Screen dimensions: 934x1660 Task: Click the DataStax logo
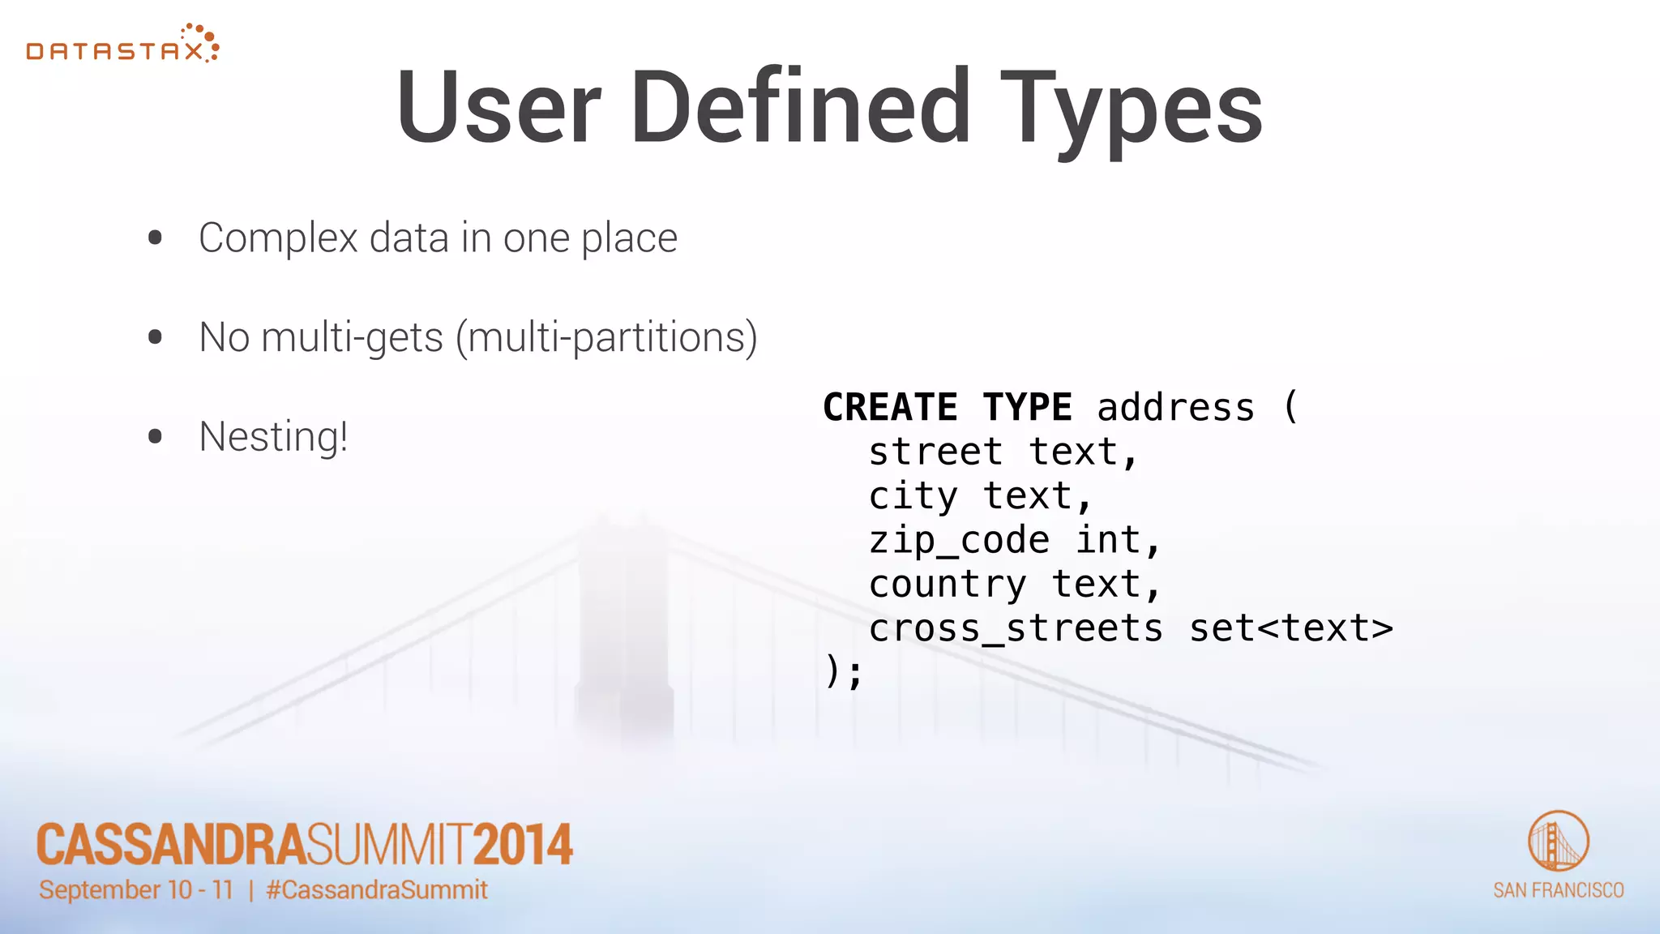pos(122,45)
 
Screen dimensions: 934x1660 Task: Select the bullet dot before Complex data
pos(156,238)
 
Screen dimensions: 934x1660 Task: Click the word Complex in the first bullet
pos(278,238)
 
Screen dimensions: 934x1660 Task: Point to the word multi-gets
pos(352,337)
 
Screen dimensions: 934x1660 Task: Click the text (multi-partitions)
pos(606,337)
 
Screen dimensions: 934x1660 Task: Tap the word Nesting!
pos(273,437)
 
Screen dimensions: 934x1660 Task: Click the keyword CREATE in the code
pos(890,407)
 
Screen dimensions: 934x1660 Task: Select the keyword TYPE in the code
pos(1027,407)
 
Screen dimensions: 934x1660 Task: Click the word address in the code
pos(1175,407)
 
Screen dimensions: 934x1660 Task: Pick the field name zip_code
pos(959,540)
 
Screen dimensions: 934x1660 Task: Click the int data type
pos(1109,540)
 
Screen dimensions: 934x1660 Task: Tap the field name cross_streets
pos(1016,628)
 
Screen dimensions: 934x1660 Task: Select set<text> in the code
pos(1290,628)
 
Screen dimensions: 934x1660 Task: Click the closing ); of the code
pos(844,672)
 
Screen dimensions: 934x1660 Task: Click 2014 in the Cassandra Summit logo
pos(523,845)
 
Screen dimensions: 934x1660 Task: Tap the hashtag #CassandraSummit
pos(377,890)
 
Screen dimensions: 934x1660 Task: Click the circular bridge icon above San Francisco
pos(1558,841)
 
